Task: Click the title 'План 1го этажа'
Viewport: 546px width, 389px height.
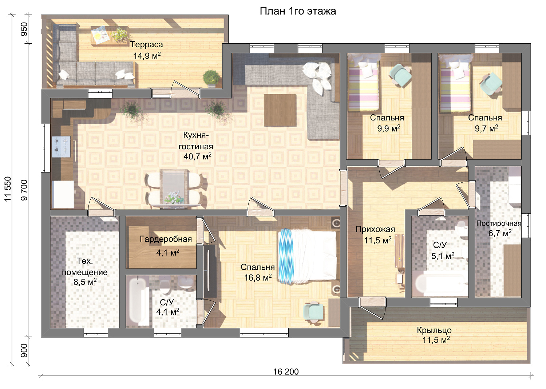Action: [298, 11]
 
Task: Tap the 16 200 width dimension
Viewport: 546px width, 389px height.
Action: [286, 372]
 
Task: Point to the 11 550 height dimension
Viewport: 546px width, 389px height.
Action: [8, 189]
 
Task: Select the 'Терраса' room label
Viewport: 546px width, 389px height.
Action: [146, 45]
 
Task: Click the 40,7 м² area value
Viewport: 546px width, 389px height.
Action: [197, 156]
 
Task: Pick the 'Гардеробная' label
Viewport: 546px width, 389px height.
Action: [166, 239]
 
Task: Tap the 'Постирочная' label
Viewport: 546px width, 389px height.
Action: [499, 223]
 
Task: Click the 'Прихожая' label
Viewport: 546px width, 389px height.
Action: [375, 229]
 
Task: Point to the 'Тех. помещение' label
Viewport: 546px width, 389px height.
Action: [84, 267]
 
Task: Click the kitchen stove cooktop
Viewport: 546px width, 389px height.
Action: [61, 147]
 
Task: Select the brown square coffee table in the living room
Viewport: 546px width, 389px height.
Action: [280, 110]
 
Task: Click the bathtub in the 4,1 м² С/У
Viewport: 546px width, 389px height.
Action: [137, 301]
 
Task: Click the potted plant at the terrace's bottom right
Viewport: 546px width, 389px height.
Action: [211, 78]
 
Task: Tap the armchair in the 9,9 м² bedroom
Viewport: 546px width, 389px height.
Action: [400, 75]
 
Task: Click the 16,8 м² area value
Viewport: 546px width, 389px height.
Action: [258, 277]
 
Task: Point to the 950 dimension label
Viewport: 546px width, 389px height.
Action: [24, 29]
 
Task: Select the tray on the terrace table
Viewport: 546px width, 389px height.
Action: [100, 36]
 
